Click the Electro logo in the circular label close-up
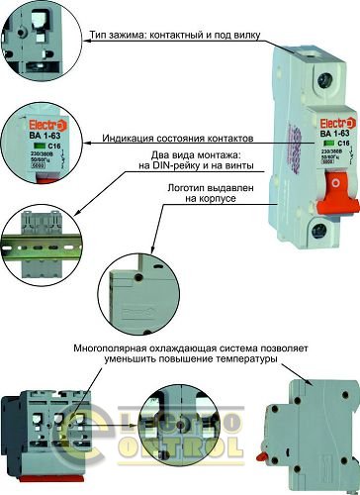point(29,125)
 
